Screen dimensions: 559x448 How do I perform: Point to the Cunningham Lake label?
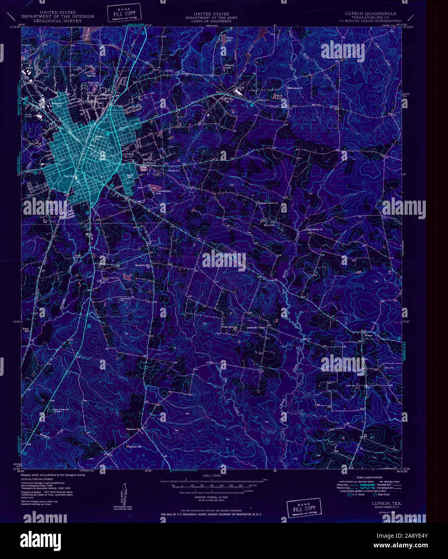[x=161, y=191]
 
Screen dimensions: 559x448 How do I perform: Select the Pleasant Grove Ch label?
[x=272, y=204]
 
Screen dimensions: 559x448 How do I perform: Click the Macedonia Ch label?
[x=315, y=230]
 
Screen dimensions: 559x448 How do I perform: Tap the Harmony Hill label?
[x=142, y=265]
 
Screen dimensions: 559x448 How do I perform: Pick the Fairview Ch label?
[x=133, y=430]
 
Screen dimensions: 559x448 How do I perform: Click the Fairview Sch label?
[x=135, y=446]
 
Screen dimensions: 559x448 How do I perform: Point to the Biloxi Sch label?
[x=269, y=224]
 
